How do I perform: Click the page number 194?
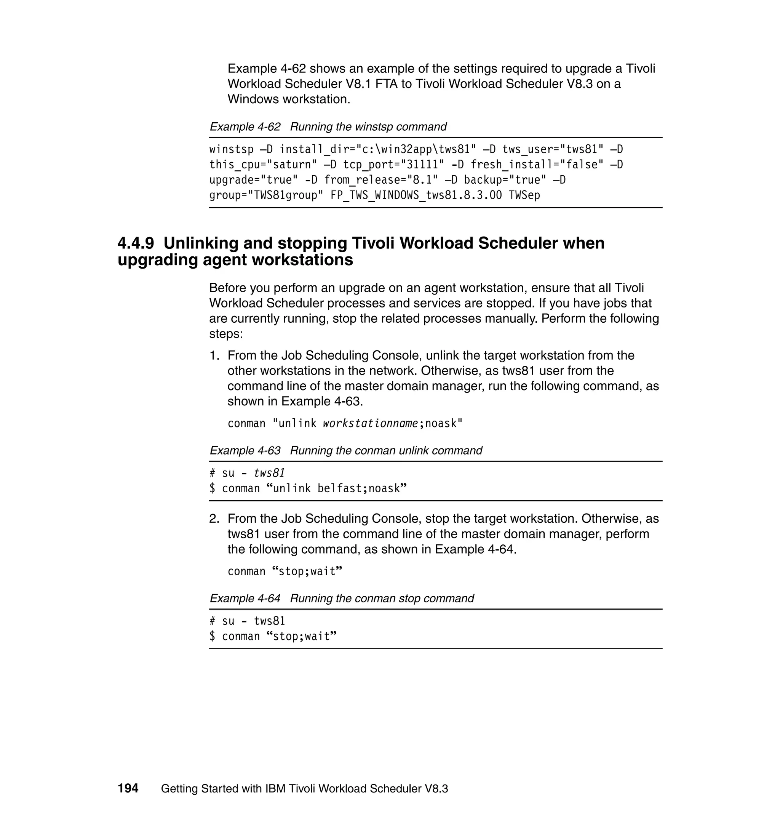coord(128,788)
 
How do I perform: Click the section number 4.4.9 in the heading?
coord(136,243)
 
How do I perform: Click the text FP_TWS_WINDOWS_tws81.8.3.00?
coord(416,195)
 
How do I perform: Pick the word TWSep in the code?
coord(524,195)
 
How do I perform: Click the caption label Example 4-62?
coord(245,126)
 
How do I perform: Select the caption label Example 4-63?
coord(245,450)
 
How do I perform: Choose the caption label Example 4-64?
coord(245,598)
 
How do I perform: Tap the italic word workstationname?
coord(370,423)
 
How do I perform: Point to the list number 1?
coord(214,355)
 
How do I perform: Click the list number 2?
coord(214,519)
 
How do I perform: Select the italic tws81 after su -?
coord(269,473)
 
